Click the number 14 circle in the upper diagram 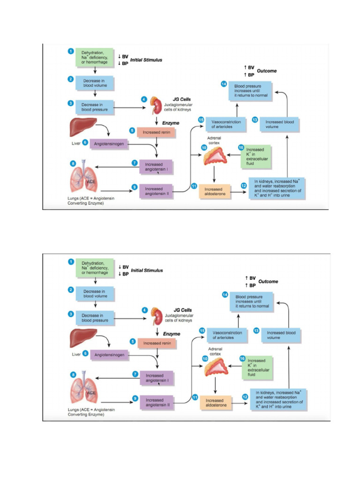[x=224, y=84]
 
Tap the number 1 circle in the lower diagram [x=71, y=261]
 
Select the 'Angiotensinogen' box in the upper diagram [x=109, y=144]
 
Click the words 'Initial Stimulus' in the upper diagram [x=146, y=60]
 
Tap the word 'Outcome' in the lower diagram [x=268, y=281]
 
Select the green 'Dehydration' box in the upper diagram [x=95, y=57]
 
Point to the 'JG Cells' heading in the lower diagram [x=182, y=310]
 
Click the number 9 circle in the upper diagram [x=135, y=187]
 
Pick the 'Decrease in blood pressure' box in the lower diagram [x=95, y=318]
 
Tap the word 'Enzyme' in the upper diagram [x=171, y=123]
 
